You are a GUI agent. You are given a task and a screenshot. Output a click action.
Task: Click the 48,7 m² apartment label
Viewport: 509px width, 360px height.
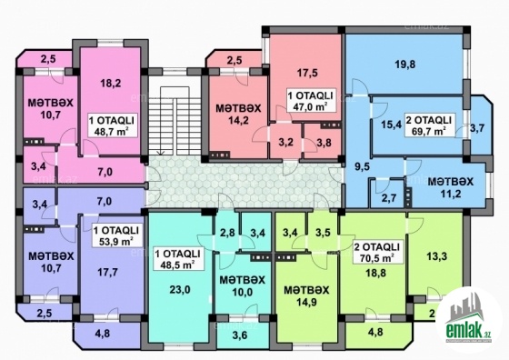point(111,125)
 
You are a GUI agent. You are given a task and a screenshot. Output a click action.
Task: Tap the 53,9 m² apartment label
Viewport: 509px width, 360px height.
point(116,235)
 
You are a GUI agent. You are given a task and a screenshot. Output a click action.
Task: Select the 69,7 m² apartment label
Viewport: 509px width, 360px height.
point(429,125)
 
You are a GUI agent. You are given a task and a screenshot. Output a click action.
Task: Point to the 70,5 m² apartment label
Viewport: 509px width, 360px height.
point(377,253)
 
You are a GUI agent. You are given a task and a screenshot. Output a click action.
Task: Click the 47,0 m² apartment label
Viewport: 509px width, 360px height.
point(311,101)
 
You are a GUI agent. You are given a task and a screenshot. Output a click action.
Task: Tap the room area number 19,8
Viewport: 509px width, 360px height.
point(405,65)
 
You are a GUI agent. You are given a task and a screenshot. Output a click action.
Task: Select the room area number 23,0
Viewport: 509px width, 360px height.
point(180,289)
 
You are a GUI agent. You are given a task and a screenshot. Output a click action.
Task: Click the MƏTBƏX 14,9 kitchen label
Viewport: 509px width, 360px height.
point(306,295)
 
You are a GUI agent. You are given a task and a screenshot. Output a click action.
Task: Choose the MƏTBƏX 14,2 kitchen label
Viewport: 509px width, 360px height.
point(238,114)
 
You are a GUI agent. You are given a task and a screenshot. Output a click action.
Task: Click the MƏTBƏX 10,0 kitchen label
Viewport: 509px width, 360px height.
point(242,285)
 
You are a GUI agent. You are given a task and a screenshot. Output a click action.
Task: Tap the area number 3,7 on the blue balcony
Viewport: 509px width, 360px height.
point(477,128)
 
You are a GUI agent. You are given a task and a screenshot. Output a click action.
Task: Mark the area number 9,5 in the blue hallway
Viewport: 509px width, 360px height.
point(363,167)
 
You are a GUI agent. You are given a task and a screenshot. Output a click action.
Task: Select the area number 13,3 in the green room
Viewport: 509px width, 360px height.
point(436,256)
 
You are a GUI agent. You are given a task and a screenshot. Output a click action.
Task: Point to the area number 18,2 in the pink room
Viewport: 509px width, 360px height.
point(110,83)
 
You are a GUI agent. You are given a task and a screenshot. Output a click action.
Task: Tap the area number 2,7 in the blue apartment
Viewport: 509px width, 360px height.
point(388,197)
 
